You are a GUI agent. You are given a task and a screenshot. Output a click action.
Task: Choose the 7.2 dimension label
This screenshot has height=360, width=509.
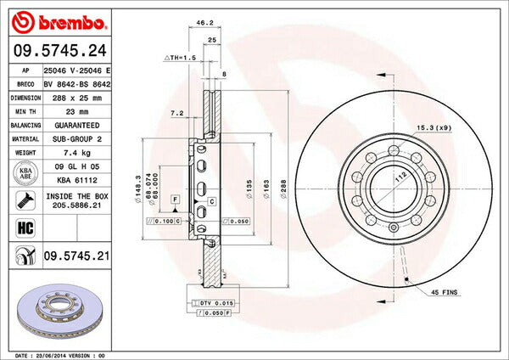coord(176,112)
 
